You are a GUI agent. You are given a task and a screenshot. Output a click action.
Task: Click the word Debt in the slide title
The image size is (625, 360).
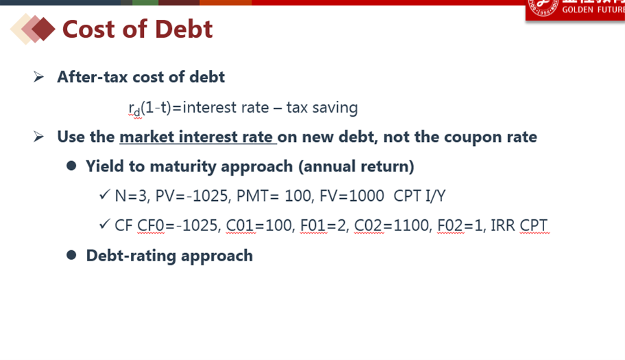[184, 29]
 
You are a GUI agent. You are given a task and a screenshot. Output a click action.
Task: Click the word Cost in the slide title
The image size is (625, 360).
[89, 29]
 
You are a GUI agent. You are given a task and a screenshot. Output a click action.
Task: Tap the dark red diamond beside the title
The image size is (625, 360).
[43, 29]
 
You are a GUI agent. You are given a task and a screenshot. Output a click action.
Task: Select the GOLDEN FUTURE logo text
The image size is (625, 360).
[593, 10]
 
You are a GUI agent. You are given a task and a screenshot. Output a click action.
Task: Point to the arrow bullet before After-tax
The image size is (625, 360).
[38, 77]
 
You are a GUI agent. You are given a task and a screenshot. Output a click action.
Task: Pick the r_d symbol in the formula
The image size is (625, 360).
[134, 108]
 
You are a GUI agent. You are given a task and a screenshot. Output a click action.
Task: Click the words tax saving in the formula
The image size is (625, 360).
[322, 108]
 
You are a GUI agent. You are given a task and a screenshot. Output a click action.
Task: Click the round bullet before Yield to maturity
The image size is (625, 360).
[72, 166]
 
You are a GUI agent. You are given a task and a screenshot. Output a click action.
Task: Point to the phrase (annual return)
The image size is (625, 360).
[356, 166]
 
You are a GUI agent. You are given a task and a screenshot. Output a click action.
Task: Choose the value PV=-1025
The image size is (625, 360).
[193, 196]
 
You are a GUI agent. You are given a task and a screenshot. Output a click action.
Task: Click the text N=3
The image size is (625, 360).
[132, 196]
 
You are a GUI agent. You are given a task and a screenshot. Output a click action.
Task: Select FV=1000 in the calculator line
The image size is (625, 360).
[352, 196]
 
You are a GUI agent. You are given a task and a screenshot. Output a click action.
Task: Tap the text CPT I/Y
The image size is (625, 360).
[419, 196]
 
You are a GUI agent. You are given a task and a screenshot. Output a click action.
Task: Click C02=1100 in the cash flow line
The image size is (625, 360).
[393, 226]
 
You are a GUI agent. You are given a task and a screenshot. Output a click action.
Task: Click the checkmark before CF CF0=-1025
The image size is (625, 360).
[104, 224]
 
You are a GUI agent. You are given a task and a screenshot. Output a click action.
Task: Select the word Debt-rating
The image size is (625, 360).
[131, 256]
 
